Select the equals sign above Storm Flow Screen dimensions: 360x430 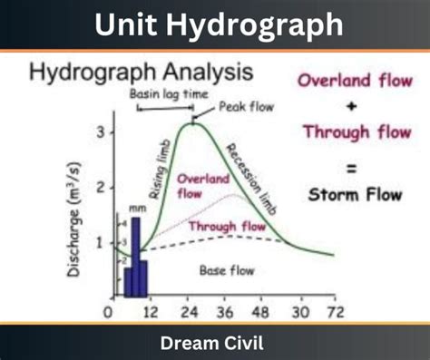(355, 166)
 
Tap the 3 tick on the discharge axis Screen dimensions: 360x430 (102, 132)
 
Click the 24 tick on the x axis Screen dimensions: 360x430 (191, 315)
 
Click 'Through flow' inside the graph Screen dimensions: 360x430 (226, 226)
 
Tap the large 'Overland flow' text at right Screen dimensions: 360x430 (356, 80)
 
